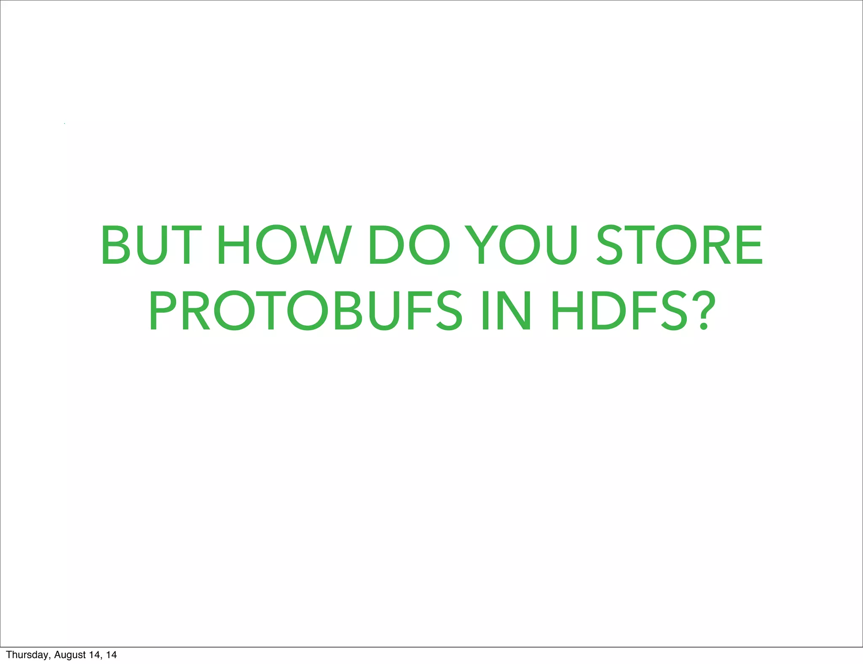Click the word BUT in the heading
[x=148, y=245]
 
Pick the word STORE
[x=679, y=245]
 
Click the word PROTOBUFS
[x=306, y=311]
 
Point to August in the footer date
[x=70, y=655]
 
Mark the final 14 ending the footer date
[x=111, y=655]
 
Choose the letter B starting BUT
[x=115, y=245]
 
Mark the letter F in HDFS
[x=646, y=311]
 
